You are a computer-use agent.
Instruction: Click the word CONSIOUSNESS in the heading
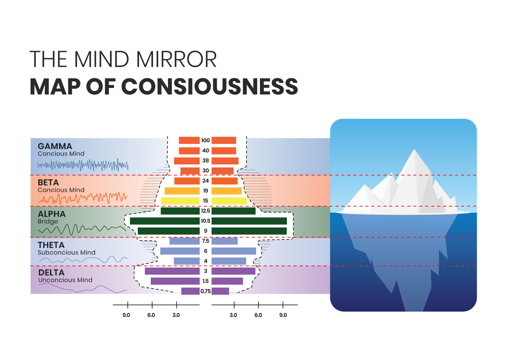(x=209, y=87)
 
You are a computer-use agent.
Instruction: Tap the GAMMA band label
(x=55, y=146)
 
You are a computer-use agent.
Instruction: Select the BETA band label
(x=48, y=183)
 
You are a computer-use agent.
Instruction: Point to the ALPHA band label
(x=52, y=214)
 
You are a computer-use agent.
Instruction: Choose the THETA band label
(x=51, y=245)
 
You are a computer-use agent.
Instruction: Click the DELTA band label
(x=51, y=273)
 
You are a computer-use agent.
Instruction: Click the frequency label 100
(x=206, y=141)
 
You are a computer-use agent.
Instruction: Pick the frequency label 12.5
(x=206, y=211)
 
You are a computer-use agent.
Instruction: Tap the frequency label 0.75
(x=206, y=291)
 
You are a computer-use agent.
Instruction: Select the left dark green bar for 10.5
(x=165, y=221)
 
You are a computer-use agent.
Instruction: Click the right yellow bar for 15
(x=229, y=201)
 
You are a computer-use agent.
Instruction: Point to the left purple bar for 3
(x=172, y=271)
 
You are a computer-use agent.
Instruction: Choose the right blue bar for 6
(x=233, y=251)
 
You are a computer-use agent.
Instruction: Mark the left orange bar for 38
(x=187, y=161)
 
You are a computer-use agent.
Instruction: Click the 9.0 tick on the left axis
(x=128, y=305)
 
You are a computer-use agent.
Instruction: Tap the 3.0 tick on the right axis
(x=234, y=305)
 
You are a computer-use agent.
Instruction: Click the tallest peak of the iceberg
(x=414, y=150)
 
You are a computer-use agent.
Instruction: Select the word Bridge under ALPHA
(x=48, y=221)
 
